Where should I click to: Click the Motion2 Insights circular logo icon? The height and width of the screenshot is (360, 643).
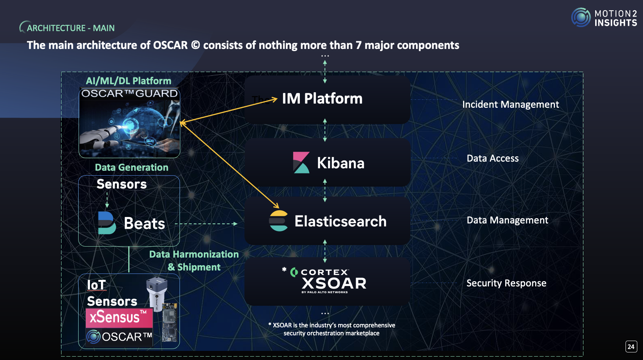coord(581,17)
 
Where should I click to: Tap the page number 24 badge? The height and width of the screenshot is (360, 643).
coord(631,346)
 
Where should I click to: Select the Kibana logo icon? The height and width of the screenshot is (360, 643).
coord(301,163)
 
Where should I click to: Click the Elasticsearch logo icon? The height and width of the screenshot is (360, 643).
coord(279,221)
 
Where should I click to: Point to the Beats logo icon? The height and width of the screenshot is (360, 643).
coord(107,223)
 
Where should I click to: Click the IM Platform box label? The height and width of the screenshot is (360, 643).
coord(322,99)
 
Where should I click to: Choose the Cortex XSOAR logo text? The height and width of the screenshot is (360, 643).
coord(329,281)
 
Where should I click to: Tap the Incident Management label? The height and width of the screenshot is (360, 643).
coord(510,104)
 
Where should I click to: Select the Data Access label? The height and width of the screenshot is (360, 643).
coord(492,158)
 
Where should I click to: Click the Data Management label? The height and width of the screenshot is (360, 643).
coord(507,220)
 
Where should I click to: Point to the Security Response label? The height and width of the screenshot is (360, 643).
coord(506,283)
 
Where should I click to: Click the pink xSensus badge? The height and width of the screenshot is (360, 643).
coord(119,318)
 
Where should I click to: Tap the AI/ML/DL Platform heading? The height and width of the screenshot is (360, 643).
coord(128,81)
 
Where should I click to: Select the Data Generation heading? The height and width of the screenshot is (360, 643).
coord(131,167)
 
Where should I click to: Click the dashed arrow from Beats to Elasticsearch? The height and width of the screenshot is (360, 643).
coord(206,224)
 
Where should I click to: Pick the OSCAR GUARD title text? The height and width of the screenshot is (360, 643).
coord(129,93)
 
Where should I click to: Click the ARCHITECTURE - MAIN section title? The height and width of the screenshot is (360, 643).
coord(71,28)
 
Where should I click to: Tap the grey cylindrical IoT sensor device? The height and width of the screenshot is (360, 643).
coord(157,292)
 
